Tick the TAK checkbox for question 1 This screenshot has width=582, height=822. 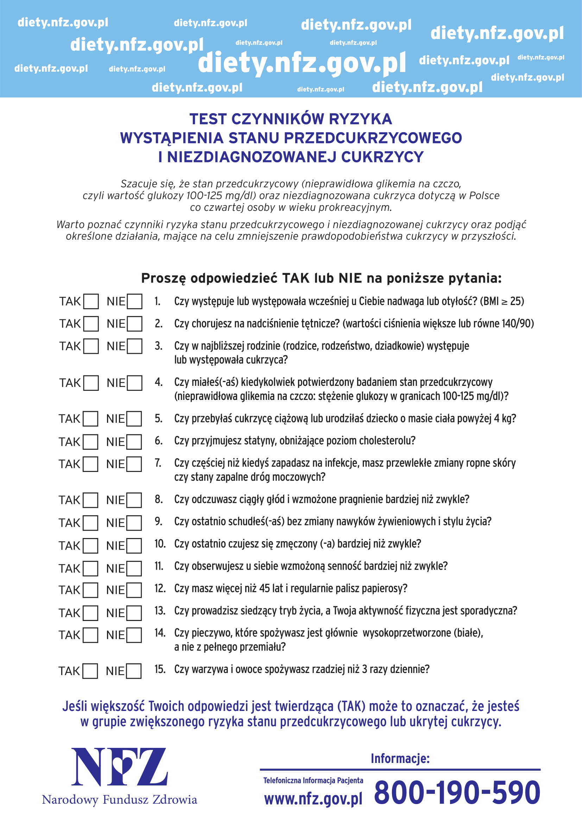[x=91, y=302]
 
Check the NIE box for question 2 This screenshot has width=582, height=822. [x=135, y=324]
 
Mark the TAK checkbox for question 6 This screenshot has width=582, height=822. [x=90, y=442]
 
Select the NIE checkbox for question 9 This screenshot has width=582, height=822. [x=134, y=523]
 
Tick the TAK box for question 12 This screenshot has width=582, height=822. [x=90, y=590]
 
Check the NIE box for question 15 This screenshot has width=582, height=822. [x=134, y=671]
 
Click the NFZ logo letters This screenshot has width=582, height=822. [x=119, y=767]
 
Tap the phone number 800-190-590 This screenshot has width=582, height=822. [x=457, y=793]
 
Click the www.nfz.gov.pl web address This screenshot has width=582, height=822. [x=313, y=799]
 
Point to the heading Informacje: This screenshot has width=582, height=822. [x=400, y=758]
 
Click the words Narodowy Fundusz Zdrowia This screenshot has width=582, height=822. [x=119, y=800]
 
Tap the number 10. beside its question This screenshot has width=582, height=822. [x=160, y=544]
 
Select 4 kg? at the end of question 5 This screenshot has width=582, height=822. [x=505, y=419]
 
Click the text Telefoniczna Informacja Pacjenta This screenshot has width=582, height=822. [x=313, y=781]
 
